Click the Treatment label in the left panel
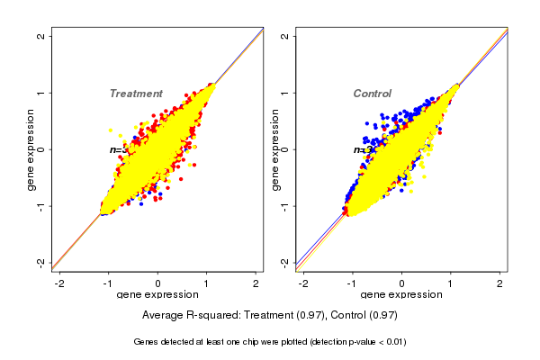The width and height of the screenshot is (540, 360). click(x=136, y=94)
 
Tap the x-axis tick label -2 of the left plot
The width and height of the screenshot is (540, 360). click(x=60, y=283)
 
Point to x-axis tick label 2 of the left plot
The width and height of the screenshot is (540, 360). click(x=256, y=283)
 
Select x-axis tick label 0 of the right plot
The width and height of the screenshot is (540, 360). click(x=401, y=283)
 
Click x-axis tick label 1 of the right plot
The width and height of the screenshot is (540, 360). click(x=451, y=283)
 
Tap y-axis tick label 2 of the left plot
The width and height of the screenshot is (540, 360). click(x=42, y=36)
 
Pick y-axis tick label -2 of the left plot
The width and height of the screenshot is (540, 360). click(x=42, y=262)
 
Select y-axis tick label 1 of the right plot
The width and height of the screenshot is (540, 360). click(x=286, y=93)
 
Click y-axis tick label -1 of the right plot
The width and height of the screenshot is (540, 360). click(x=286, y=206)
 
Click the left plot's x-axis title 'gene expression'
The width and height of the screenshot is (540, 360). click(x=157, y=295)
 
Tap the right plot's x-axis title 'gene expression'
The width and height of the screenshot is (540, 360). click(x=401, y=295)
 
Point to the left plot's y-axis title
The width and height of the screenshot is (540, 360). click(x=31, y=149)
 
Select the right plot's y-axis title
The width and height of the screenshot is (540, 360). click(x=275, y=149)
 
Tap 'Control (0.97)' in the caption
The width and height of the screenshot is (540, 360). click(x=364, y=316)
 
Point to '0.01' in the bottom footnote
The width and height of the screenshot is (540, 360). click(x=394, y=342)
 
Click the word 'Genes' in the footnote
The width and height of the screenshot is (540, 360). click(x=146, y=342)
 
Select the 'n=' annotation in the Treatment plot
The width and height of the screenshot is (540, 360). click(x=115, y=150)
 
